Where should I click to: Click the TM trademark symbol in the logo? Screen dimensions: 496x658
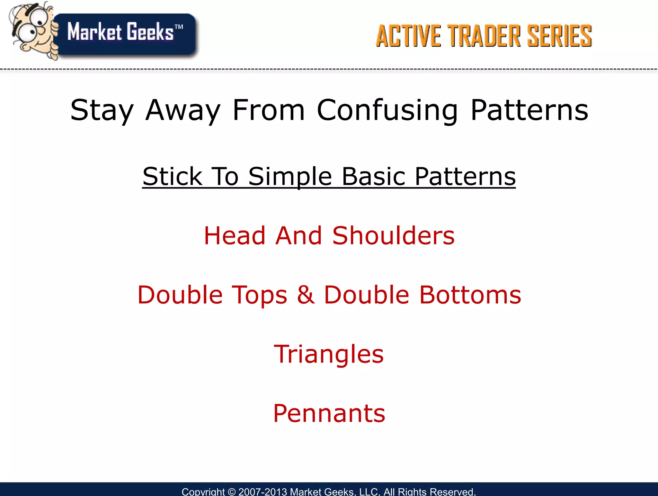[x=179, y=27]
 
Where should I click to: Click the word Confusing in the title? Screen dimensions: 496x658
[x=387, y=110]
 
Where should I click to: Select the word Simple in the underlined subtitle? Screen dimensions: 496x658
[x=290, y=177]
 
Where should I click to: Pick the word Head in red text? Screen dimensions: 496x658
[x=235, y=235]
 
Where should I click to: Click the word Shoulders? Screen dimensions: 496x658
[x=393, y=235]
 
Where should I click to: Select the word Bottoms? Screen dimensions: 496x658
[x=470, y=295]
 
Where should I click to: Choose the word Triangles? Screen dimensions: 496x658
[x=329, y=354]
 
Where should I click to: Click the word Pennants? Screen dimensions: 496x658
[x=329, y=413]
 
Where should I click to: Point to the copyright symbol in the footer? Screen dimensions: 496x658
[x=231, y=492]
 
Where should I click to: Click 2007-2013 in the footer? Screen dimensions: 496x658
[x=262, y=492]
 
